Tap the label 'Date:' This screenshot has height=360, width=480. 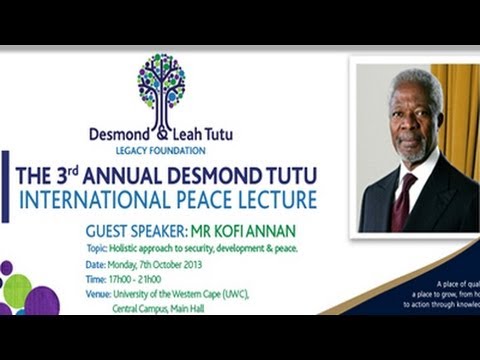pyautogui.click(x=96, y=264)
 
